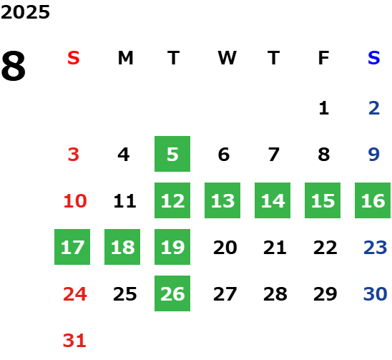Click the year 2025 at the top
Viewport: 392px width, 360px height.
[x=25, y=12]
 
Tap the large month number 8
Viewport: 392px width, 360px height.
[x=14, y=66]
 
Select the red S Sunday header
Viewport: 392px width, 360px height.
[x=74, y=58]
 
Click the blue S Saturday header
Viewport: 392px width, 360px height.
[x=373, y=58]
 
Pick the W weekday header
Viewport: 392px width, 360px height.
[x=227, y=58]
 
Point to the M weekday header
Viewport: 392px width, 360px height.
[x=125, y=58]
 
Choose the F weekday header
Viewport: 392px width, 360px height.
[x=323, y=58]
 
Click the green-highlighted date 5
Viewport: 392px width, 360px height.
[x=172, y=154]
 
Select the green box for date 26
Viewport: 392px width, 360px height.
[x=172, y=293]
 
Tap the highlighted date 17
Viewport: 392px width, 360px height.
[x=72, y=247]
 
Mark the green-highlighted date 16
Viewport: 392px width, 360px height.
[x=373, y=200]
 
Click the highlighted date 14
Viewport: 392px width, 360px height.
[x=273, y=200]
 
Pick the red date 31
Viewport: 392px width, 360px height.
[x=74, y=341]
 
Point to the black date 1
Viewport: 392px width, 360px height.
[x=324, y=108]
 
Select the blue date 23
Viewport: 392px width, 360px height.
[x=375, y=248]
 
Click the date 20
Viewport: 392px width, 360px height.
[x=225, y=248]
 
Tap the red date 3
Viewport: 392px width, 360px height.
[x=74, y=155]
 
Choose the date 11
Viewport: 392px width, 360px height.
[x=124, y=201]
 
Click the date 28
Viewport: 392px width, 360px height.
[x=275, y=294]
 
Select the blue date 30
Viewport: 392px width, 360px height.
[x=375, y=294]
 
